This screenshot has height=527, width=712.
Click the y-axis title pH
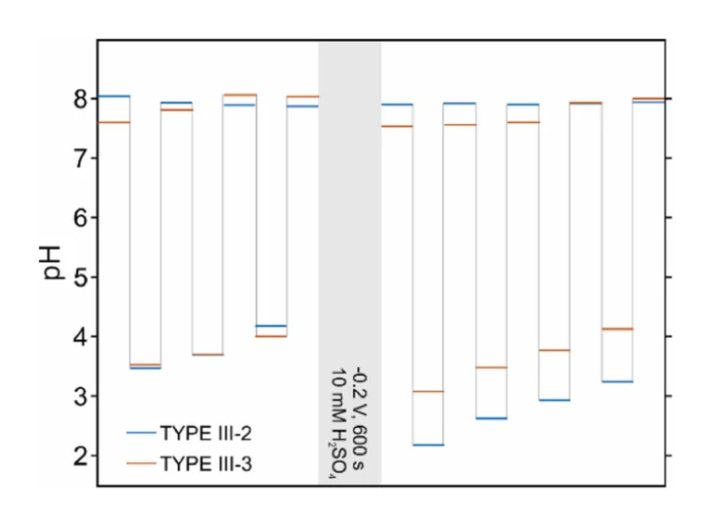[x=55, y=263]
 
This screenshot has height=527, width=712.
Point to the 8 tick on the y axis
[x=81, y=99]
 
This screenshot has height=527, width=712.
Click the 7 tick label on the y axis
[x=81, y=158]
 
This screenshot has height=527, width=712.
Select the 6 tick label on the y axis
[x=81, y=218]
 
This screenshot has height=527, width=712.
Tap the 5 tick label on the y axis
[x=81, y=277]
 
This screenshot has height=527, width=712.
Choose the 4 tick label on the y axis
[x=81, y=337]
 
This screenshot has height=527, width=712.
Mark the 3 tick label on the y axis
[x=81, y=396]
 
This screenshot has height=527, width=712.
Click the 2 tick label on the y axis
[x=81, y=456]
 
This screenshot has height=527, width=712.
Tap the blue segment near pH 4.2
[x=271, y=326]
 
